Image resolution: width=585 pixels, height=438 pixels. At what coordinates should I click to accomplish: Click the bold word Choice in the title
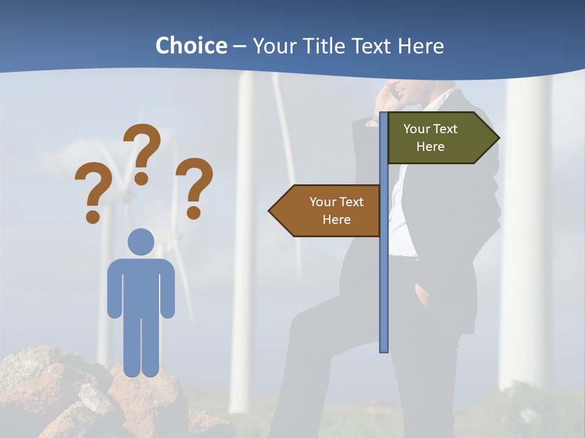click(191, 46)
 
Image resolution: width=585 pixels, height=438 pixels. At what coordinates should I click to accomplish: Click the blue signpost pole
click(384, 274)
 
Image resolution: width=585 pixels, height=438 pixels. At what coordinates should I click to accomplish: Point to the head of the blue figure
click(141, 242)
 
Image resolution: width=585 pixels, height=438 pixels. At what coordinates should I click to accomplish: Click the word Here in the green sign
click(430, 147)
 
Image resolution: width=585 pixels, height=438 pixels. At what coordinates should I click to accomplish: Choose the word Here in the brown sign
click(336, 220)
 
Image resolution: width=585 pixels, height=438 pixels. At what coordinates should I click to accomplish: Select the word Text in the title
click(370, 46)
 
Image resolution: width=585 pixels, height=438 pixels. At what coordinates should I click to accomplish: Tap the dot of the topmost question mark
click(141, 178)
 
